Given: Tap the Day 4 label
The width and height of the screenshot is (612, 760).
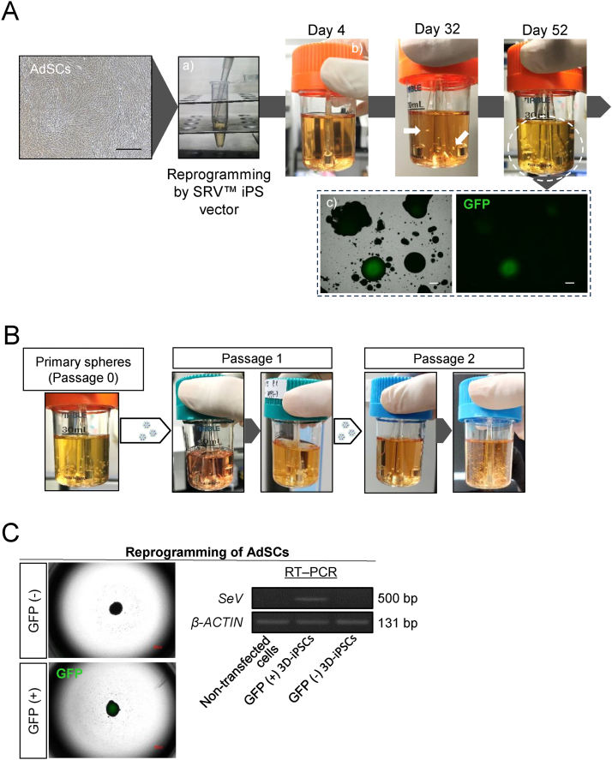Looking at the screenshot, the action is pyautogui.click(x=327, y=31).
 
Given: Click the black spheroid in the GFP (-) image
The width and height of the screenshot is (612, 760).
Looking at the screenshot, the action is pyautogui.click(x=114, y=610).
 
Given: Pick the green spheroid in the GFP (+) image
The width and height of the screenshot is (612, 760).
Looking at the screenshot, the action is pyautogui.click(x=112, y=708).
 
